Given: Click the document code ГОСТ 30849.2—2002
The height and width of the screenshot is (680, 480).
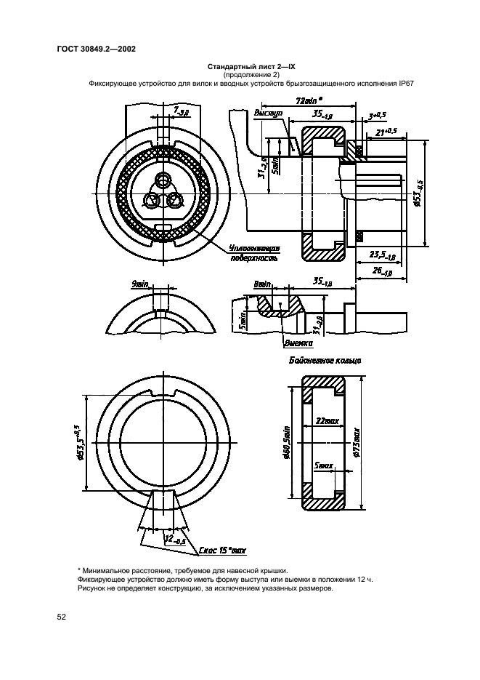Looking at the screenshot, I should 96,49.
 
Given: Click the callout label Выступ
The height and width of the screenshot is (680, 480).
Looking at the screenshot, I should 266,114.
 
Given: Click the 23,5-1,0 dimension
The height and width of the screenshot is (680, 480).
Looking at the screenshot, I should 382,257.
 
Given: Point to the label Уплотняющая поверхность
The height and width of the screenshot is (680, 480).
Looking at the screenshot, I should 253,252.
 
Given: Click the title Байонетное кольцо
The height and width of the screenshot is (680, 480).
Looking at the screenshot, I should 325,360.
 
